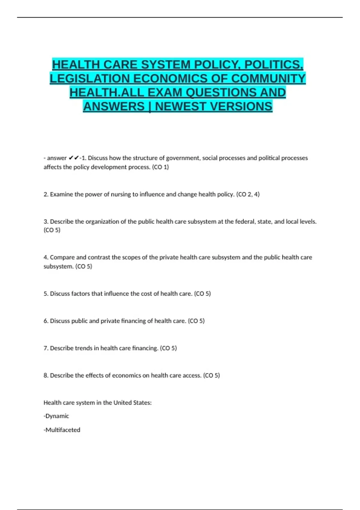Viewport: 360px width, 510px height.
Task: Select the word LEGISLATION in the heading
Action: [90, 79]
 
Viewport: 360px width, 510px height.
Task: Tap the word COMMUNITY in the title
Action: [268, 79]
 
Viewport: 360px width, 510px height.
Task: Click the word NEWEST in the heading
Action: [180, 106]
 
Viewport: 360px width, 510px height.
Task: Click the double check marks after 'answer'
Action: [74, 158]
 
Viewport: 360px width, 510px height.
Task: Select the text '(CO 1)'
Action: [160, 167]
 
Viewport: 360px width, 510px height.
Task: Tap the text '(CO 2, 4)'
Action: [248, 194]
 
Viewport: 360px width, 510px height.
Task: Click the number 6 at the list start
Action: [46, 321]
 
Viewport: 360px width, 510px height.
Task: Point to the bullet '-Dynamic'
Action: [56, 416]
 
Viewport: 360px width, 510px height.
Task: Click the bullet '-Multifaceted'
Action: [62, 430]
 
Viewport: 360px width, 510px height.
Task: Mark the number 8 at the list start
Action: [46, 376]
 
